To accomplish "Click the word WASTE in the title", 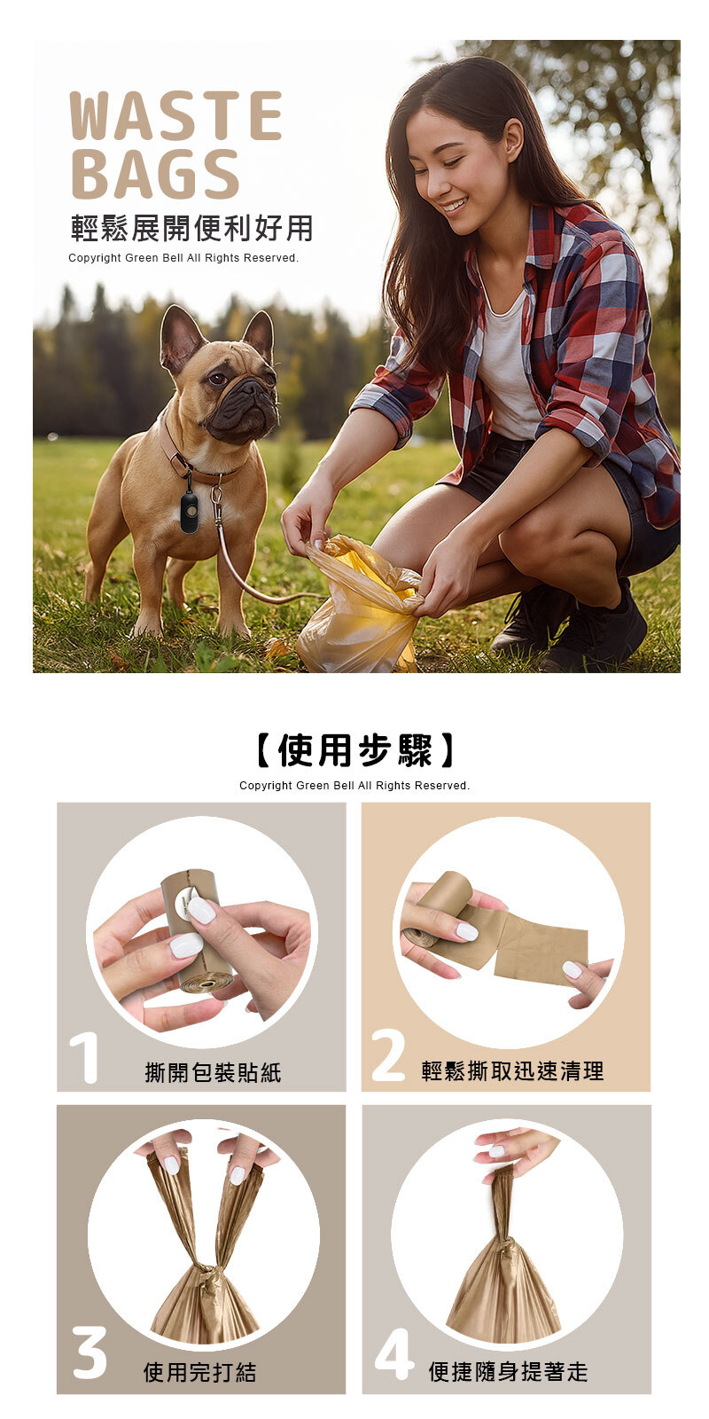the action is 175,115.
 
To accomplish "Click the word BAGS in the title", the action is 155,174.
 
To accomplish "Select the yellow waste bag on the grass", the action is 360,606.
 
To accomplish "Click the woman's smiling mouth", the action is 454,205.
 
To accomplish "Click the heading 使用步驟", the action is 354,750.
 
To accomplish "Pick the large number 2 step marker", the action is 389,1054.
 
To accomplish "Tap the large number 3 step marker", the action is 90,1352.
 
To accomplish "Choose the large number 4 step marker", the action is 394,1353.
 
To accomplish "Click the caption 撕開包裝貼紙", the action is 214,1072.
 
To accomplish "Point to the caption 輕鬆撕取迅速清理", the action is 513,1071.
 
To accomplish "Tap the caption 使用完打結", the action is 200,1372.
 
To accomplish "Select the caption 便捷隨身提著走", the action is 509,1371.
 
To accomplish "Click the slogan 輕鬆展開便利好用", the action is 191,228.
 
